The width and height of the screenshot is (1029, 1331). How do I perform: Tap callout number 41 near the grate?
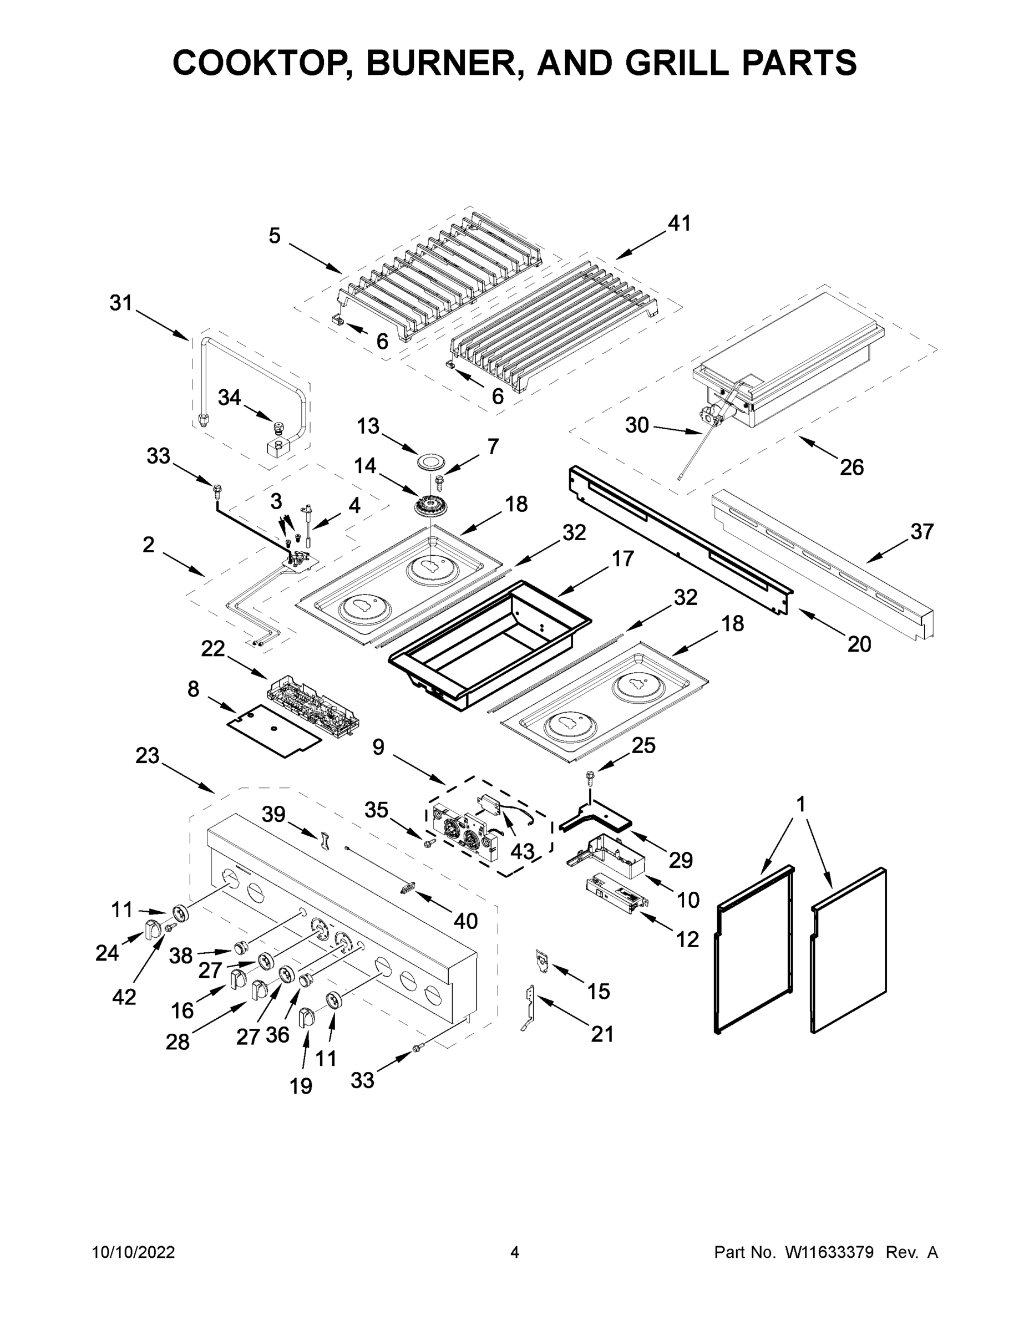point(679,223)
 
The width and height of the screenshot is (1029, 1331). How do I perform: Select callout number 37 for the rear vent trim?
point(921,531)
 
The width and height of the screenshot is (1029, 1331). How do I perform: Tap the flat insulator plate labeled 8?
point(273,729)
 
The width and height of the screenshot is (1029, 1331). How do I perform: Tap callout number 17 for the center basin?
point(622,558)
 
